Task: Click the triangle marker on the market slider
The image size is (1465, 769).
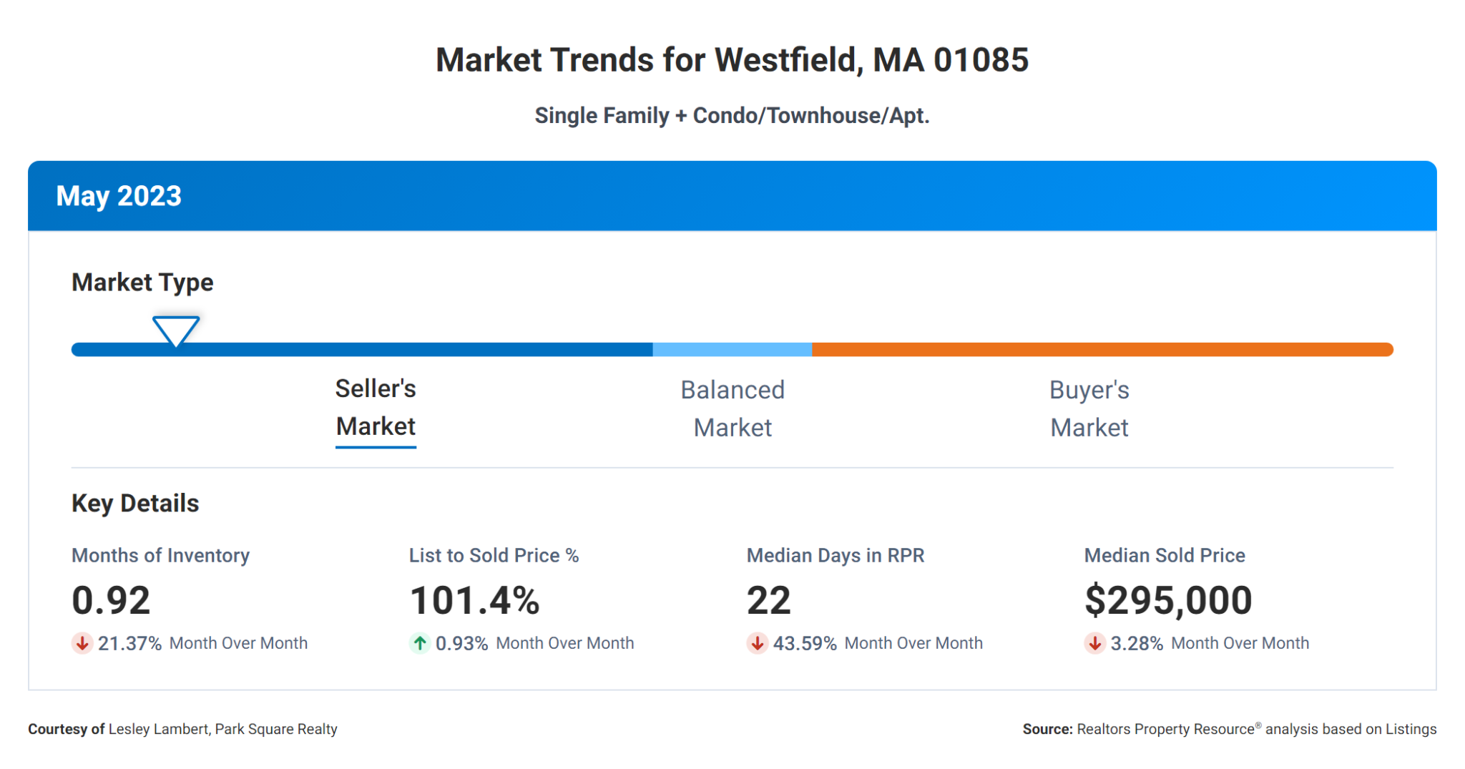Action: (175, 330)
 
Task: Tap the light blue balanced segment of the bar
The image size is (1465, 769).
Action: (732, 350)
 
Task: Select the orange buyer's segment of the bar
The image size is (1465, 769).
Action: (1102, 350)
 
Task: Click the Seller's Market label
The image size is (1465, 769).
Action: (376, 408)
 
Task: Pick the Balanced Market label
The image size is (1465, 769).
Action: (732, 408)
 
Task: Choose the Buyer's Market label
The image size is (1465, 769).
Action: (1089, 408)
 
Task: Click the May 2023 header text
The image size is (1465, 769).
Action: (119, 196)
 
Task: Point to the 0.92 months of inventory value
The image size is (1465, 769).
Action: (111, 600)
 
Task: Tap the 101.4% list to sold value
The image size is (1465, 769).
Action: (474, 600)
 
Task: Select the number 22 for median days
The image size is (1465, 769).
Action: (768, 600)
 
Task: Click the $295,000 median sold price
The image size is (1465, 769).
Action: (1168, 600)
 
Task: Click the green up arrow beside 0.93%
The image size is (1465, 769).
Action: (420, 643)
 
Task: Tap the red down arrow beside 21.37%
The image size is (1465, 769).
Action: (82, 643)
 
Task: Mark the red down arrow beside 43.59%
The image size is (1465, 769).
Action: (758, 643)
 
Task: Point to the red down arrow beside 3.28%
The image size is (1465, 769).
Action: (1094, 643)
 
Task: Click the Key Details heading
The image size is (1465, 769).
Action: (135, 504)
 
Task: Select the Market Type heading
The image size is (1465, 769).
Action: (142, 283)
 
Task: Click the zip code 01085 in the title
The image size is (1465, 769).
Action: (981, 60)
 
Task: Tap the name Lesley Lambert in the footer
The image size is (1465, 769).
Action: (158, 729)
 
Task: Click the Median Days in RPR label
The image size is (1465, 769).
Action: (835, 556)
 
